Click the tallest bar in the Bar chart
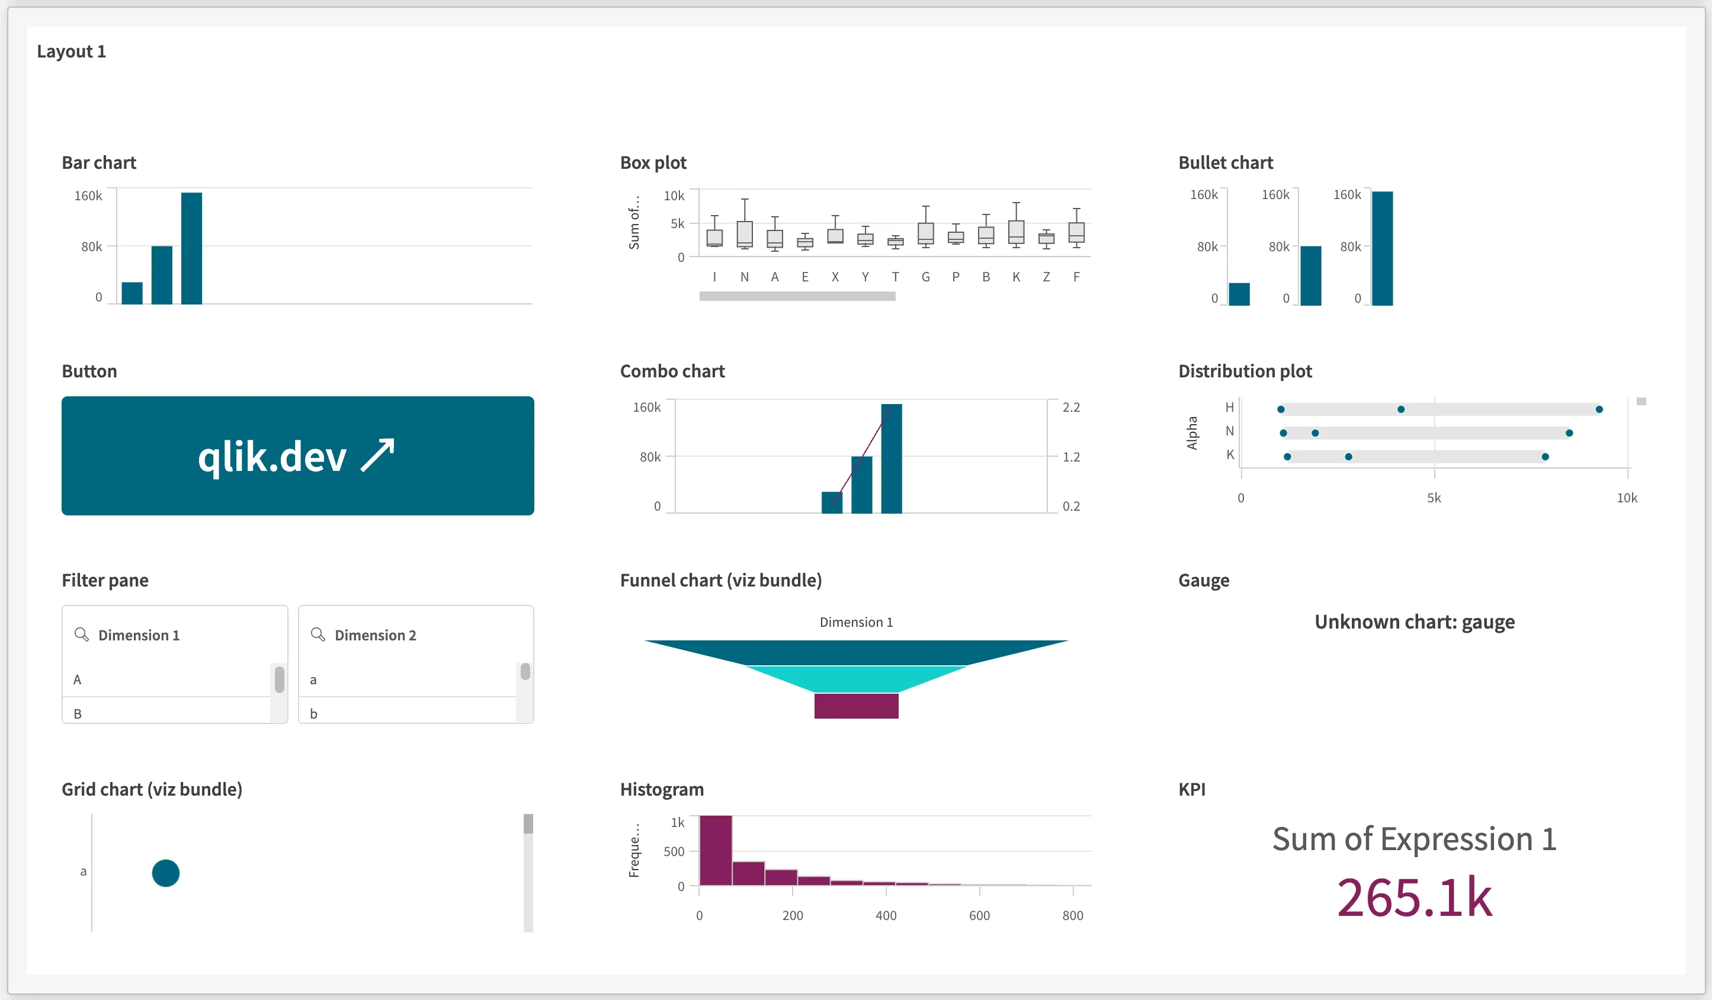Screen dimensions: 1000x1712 coord(191,248)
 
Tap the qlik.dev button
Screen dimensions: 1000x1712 coord(297,456)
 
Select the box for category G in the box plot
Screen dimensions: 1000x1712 coord(925,233)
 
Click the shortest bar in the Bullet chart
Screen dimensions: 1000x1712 coord(1239,294)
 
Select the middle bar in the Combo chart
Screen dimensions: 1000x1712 coord(861,485)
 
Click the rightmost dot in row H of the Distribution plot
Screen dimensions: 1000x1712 coord(1599,409)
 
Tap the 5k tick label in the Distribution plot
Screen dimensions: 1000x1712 coord(1434,498)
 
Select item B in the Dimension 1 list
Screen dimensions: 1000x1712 coord(78,713)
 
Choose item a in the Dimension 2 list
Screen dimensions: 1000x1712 coord(313,680)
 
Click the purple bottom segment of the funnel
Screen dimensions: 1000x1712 coord(856,706)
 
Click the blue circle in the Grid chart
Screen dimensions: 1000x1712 coord(166,873)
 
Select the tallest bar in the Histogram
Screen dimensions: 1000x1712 coord(716,851)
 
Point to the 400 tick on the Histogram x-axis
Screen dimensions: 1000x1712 coord(886,915)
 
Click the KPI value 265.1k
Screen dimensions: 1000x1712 coord(1415,898)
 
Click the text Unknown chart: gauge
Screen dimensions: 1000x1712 coord(1415,621)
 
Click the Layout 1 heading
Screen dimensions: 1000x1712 coord(71,52)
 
